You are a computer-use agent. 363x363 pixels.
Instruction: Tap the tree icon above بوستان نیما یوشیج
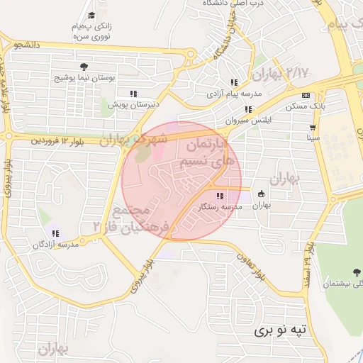pyautogui.click(x=84, y=66)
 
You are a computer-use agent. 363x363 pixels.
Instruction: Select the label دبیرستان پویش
pyautogui.click(x=133, y=104)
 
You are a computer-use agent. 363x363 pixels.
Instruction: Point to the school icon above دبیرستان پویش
pyautogui.click(x=133, y=94)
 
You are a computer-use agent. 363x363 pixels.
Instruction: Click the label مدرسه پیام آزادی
pyautogui.click(x=234, y=93)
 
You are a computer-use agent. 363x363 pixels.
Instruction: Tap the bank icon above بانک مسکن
pyautogui.click(x=306, y=96)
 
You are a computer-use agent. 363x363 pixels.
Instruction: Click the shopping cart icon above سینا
pyautogui.click(x=312, y=128)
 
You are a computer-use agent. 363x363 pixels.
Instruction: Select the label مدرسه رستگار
pyautogui.click(x=220, y=206)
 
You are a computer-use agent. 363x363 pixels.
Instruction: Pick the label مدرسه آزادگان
pyautogui.click(x=56, y=244)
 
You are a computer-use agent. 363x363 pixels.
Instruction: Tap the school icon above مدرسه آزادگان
pyautogui.click(x=55, y=233)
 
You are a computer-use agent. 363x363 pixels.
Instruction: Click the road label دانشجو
pyautogui.click(x=26, y=45)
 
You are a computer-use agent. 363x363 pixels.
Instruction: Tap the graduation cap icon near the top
pyautogui.click(x=91, y=16)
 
